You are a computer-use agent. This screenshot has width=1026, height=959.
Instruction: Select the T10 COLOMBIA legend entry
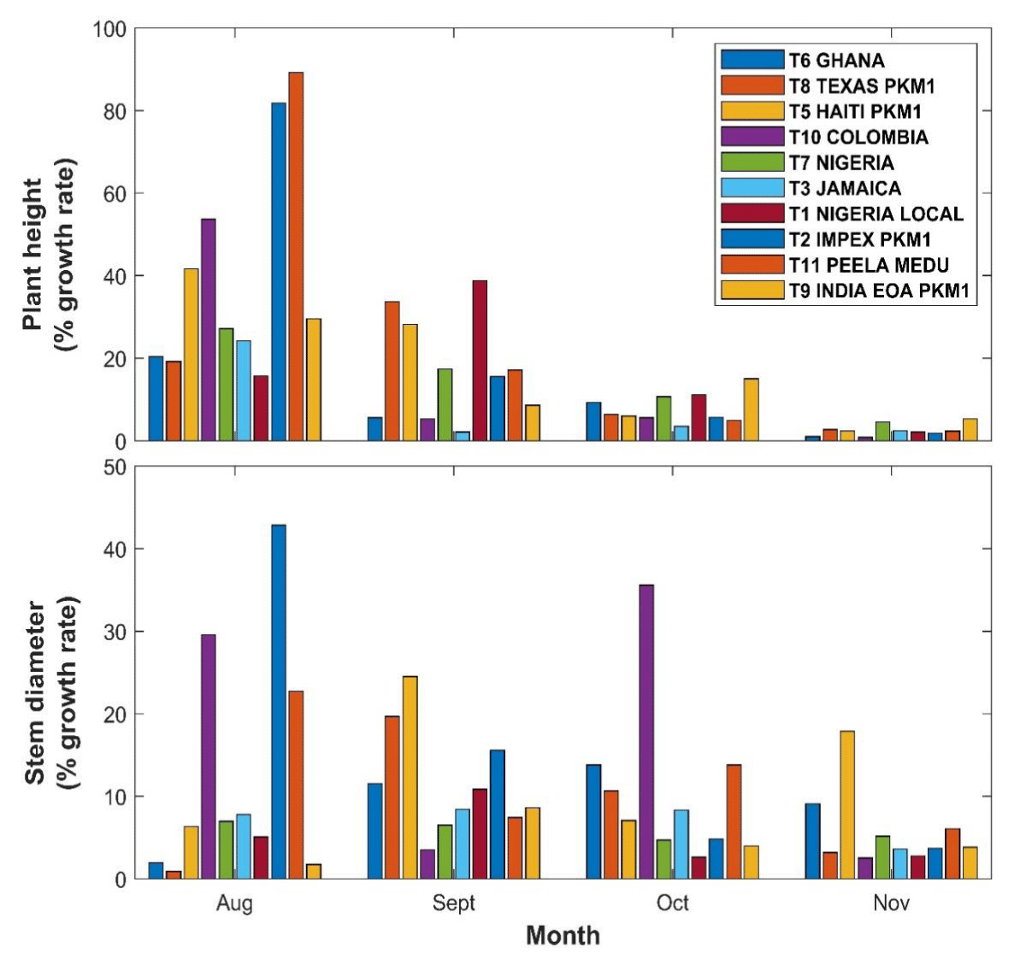[857, 137]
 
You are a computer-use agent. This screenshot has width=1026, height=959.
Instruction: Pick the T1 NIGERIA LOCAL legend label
[875, 214]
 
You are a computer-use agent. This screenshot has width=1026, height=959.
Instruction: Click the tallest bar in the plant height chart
[296, 256]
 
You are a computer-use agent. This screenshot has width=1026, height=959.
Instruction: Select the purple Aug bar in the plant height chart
[208, 330]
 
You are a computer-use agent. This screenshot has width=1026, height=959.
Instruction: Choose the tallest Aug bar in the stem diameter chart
[279, 702]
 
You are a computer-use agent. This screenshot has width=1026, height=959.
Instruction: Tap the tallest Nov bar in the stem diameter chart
[846, 804]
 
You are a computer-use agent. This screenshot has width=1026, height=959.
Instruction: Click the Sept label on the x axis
[453, 903]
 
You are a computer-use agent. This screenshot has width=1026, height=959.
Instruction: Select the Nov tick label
[891, 903]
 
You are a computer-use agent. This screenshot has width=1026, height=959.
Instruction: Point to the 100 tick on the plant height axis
[109, 30]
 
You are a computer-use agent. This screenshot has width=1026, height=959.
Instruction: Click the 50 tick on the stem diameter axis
[115, 468]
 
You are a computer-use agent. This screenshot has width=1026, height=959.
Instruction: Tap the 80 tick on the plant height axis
[115, 112]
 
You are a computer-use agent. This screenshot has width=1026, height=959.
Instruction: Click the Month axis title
[563, 935]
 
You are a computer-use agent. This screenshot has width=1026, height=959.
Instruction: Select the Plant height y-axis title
[46, 254]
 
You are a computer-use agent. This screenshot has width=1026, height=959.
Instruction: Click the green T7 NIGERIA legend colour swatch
[752, 162]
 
